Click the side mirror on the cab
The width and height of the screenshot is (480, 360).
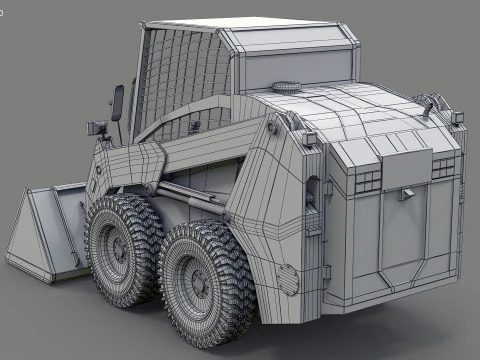coord(118,101)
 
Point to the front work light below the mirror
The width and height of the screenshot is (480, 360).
coord(99,127)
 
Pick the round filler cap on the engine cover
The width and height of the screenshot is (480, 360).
coord(287,87)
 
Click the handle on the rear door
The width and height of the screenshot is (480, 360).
coord(407,193)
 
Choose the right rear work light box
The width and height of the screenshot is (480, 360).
coord(457,117)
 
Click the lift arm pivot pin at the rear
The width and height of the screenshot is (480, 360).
coord(277,128)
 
